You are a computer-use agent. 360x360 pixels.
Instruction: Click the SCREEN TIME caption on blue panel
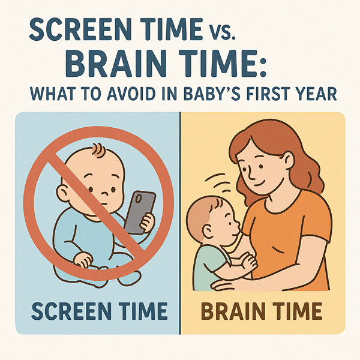[x=98, y=311]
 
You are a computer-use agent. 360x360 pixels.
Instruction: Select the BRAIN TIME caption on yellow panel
[x=262, y=311]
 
